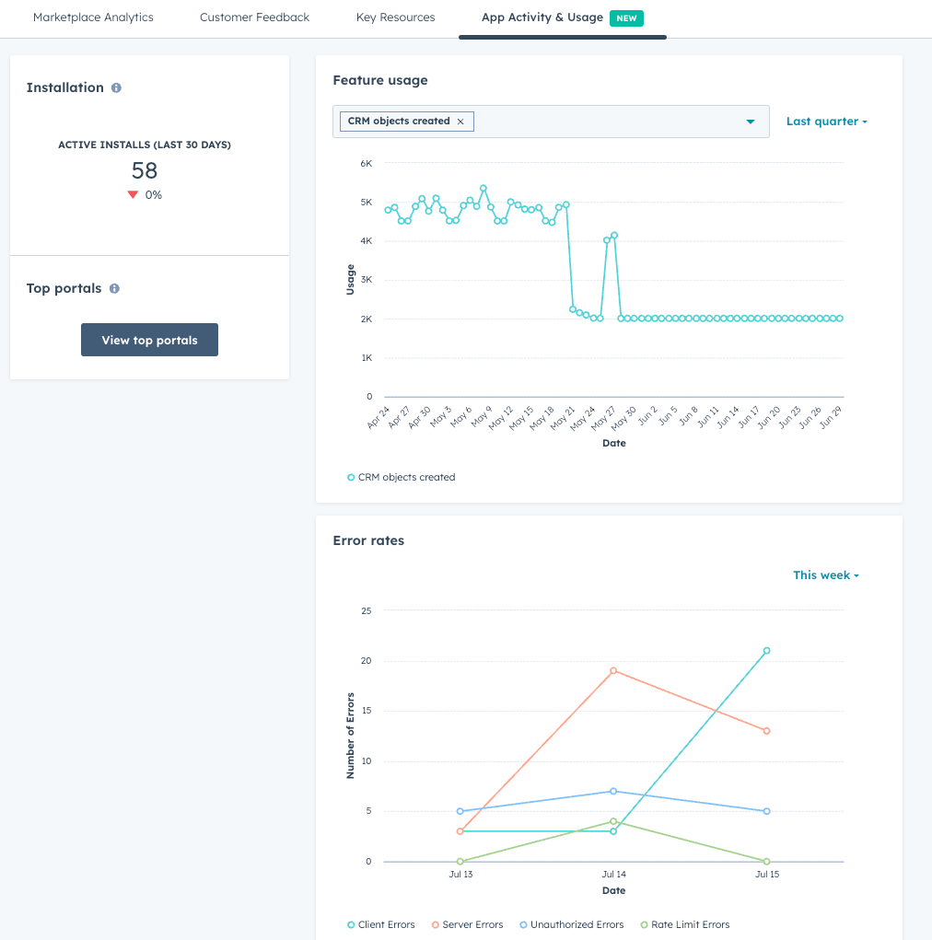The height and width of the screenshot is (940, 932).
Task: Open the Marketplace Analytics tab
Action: pyautogui.click(x=93, y=17)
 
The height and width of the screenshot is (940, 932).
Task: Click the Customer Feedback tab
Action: pyautogui.click(x=254, y=17)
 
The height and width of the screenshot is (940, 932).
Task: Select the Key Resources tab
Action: pyautogui.click(x=395, y=17)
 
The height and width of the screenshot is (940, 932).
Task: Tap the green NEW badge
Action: pyautogui.click(x=625, y=18)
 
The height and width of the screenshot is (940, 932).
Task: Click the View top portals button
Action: pyautogui.click(x=149, y=340)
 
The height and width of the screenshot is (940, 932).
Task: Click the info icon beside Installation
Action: pyautogui.click(x=116, y=88)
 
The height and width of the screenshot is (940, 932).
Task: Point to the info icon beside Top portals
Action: pyautogui.click(x=114, y=288)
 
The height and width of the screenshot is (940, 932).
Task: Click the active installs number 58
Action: pyautogui.click(x=145, y=170)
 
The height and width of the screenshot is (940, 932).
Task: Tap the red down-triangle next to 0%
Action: pyautogui.click(x=133, y=195)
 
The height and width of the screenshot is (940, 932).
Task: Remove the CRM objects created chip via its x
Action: pyautogui.click(x=460, y=122)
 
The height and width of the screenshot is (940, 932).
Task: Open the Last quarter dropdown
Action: pyautogui.click(x=826, y=122)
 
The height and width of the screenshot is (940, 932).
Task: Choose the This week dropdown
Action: pyautogui.click(x=826, y=575)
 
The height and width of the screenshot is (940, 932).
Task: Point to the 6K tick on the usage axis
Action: pyautogui.click(x=366, y=164)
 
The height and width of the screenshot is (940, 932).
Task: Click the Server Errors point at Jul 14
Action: pyautogui.click(x=613, y=670)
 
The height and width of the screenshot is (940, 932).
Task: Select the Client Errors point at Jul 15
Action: pyautogui.click(x=766, y=651)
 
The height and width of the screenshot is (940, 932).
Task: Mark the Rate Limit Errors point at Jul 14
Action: pyautogui.click(x=613, y=821)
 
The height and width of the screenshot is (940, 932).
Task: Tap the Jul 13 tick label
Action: pyautogui.click(x=460, y=874)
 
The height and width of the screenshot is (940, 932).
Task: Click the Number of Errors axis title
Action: pyautogui.click(x=350, y=735)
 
